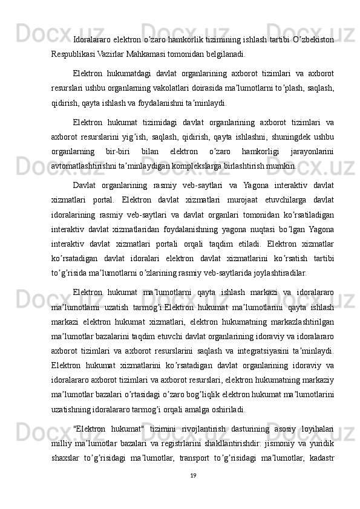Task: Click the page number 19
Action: pos(192,476)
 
